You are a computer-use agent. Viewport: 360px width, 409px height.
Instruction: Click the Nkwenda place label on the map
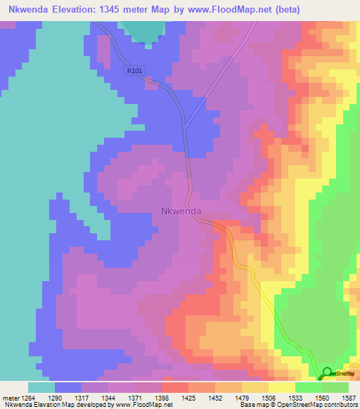coord(181,210)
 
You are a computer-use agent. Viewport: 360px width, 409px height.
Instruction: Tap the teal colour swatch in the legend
coord(41,387)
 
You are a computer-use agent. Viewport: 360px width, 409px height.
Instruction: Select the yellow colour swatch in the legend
coord(281,387)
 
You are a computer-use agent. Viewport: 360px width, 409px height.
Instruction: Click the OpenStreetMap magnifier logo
coord(326,372)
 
